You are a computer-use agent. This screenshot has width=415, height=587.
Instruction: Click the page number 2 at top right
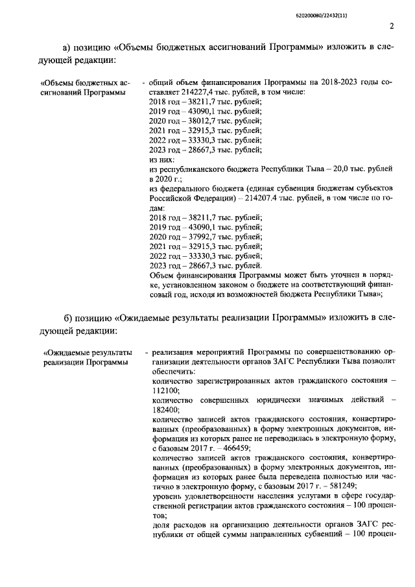pos(392,27)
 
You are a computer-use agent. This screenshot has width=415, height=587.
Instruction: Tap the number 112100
pos(165,392)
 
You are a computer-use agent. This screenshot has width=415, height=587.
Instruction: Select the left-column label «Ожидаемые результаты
pos(86,352)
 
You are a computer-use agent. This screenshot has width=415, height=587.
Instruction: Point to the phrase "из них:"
pos(162,159)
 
